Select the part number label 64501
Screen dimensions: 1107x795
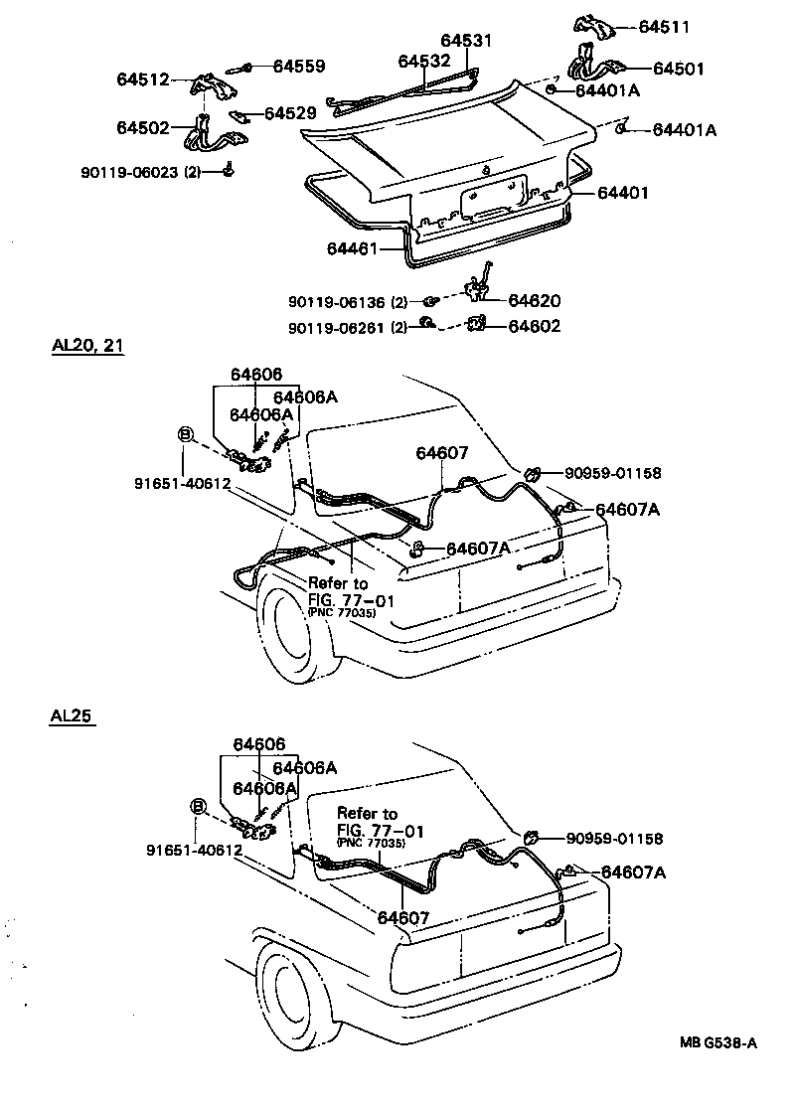[x=678, y=69]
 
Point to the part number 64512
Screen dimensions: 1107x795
[x=143, y=79]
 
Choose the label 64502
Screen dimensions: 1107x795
[x=143, y=127]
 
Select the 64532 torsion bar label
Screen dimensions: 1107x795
[x=425, y=61]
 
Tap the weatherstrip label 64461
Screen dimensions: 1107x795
[x=353, y=247]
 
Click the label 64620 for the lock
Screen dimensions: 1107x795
[x=535, y=300]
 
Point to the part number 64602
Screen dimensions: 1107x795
[x=535, y=325]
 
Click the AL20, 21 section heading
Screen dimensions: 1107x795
[x=87, y=347]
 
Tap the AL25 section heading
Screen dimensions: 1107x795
[x=72, y=715]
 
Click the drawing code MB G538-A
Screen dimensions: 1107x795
[x=719, y=1042]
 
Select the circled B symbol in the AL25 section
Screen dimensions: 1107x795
[x=198, y=806]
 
